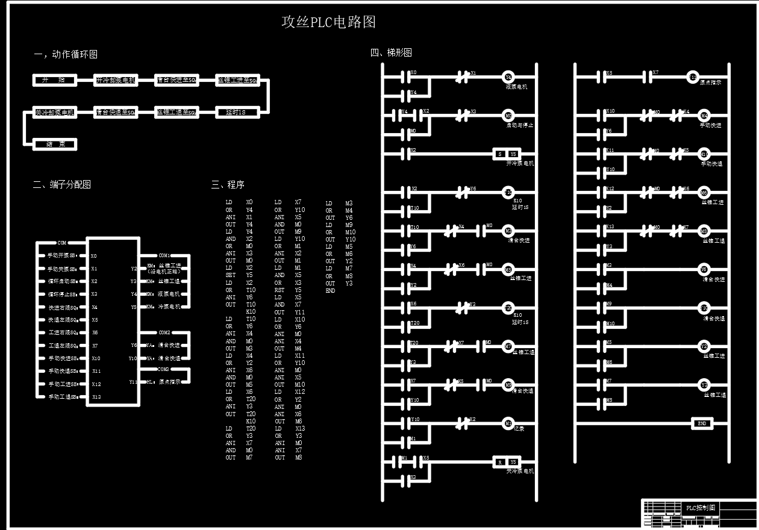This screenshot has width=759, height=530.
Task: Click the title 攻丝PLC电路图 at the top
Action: [x=328, y=22]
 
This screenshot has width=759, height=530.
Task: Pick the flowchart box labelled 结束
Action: [x=55, y=145]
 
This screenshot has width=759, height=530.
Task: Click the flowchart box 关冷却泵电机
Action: [x=55, y=112]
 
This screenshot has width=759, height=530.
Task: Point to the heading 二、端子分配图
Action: [x=61, y=184]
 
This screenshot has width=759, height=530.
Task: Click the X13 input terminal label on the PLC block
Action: [x=96, y=397]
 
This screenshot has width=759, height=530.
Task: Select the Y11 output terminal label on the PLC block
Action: [x=133, y=381]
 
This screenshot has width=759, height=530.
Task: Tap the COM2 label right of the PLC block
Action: [x=164, y=332]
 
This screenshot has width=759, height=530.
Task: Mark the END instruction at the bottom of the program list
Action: [x=330, y=290]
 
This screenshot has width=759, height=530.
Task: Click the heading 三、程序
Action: [x=228, y=185]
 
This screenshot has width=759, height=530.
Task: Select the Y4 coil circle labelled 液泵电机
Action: [x=508, y=77]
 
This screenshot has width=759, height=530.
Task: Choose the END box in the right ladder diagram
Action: [x=702, y=423]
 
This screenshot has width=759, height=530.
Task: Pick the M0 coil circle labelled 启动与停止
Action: [x=508, y=116]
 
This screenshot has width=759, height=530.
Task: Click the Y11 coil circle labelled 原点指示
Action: [x=693, y=76]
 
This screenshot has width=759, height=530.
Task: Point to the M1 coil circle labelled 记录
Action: [x=508, y=423]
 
